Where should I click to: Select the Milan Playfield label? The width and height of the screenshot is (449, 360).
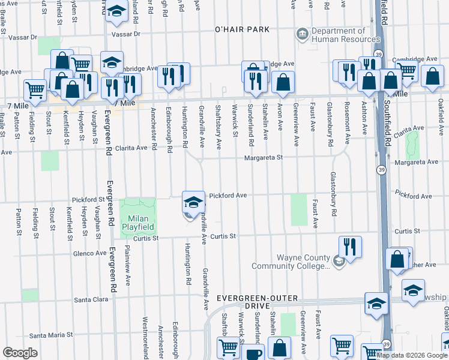pos(139,223)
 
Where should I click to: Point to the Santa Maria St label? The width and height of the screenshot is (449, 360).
pos(51,335)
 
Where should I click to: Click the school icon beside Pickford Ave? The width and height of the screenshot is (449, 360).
pos(193,203)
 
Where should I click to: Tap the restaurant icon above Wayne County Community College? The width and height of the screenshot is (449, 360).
pos(349,247)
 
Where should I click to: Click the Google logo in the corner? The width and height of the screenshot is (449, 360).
pos(20,353)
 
